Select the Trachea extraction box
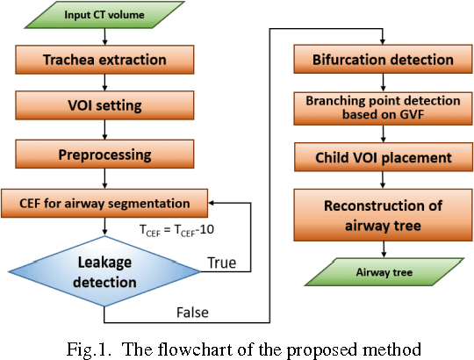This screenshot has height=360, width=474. pos(104,60)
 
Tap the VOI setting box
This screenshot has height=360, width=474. pos(104,108)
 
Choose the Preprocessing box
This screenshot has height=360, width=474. pos(104,155)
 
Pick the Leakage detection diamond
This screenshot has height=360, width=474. pos(104,270)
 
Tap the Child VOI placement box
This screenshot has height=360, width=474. pos(380,158)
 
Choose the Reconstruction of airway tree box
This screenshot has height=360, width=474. pos(380,215)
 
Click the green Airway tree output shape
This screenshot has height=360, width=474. pos(380,272)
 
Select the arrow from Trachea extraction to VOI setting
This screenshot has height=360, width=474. pos(104,83)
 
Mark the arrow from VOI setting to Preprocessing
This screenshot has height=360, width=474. pos(104,132)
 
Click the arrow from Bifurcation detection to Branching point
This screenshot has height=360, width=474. pos(380,82)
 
